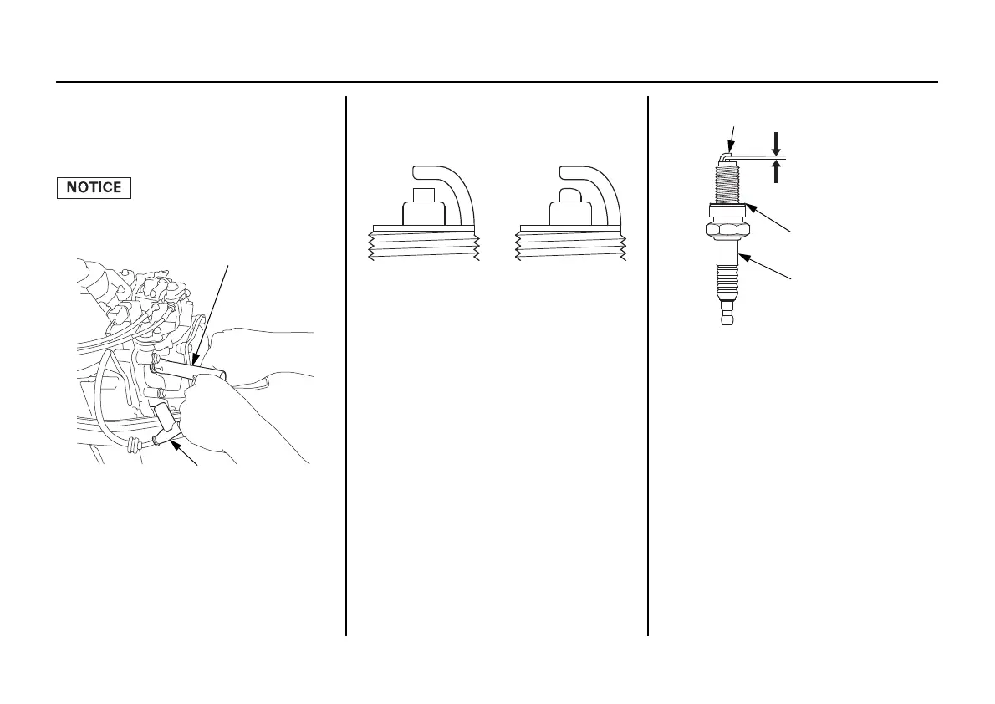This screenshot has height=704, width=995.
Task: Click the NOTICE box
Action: [x=94, y=187]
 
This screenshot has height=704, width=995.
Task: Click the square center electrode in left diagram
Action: [x=425, y=211]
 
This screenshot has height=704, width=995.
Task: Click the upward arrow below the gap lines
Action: [x=777, y=171]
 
